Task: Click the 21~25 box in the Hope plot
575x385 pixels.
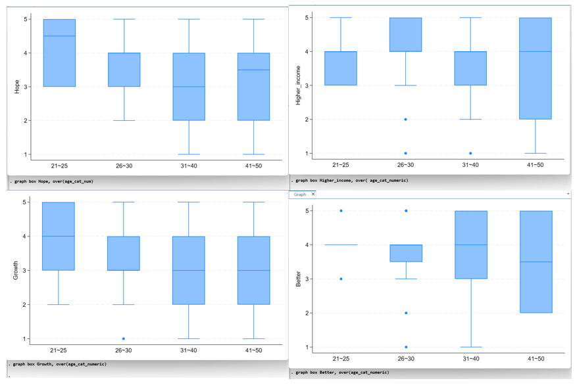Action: (59, 53)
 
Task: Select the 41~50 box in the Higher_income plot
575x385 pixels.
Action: (536, 68)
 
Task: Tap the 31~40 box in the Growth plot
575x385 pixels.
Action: (189, 270)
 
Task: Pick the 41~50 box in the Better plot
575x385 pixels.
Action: (536, 261)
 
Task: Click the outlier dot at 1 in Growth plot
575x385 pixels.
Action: (124, 339)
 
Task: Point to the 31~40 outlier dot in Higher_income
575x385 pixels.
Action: (470, 153)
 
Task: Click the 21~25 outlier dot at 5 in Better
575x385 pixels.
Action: (341, 211)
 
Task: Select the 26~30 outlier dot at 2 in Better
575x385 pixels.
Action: (406, 313)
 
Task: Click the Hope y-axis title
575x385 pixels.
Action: (17, 86)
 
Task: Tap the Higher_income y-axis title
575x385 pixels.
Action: (298, 86)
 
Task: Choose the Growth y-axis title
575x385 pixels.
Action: (17, 271)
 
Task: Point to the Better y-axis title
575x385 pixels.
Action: (298, 279)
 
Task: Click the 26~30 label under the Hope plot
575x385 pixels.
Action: (124, 166)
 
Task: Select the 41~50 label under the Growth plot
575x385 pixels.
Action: (253, 350)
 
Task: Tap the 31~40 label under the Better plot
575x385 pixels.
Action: (470, 359)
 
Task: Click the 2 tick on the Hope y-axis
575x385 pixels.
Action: (26, 120)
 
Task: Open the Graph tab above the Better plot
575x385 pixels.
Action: (300, 194)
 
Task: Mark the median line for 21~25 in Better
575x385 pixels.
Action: (341, 244)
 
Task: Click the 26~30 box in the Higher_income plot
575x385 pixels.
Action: (406, 34)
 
